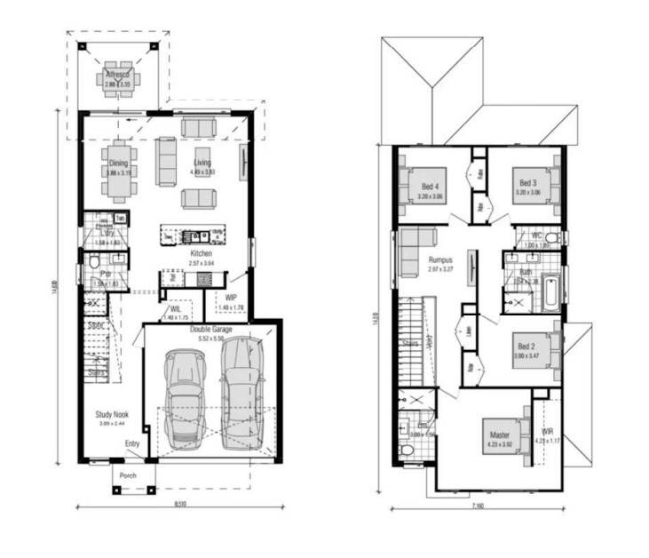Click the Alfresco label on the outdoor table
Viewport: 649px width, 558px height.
117,76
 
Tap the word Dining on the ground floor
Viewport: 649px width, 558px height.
118,163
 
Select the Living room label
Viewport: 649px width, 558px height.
203,163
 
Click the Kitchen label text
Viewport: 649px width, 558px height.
202,253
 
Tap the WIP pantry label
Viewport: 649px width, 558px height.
230,298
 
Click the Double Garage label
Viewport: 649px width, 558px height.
210,329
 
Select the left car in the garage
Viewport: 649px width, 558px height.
185,395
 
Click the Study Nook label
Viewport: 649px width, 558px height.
112,414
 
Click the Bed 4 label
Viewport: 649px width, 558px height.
431,185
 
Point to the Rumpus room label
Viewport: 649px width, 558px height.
439,260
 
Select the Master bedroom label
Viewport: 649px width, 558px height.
500,434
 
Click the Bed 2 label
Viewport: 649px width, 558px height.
527,346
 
